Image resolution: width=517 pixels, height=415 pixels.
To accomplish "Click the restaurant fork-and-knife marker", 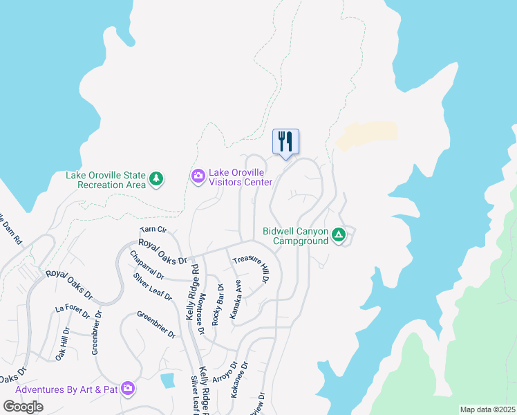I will (285, 142).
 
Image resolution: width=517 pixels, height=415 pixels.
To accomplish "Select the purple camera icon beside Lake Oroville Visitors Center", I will (198, 177).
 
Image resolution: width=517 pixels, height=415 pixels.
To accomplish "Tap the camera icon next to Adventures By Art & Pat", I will (127, 389).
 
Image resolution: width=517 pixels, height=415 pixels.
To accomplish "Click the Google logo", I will (23, 406).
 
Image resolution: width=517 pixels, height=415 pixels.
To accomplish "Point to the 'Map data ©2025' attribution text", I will (487, 409).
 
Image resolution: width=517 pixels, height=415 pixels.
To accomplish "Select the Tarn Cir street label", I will (153, 230).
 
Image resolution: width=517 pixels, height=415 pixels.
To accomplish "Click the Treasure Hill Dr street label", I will (250, 269).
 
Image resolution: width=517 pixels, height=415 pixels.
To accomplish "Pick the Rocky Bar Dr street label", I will (218, 305).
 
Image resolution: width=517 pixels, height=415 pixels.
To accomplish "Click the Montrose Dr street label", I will (201, 313).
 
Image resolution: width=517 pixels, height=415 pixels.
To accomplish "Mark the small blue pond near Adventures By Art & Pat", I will (167, 380).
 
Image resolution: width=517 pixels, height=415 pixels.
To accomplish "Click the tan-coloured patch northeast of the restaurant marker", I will (367, 134).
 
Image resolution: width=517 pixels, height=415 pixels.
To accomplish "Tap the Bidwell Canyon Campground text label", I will (296, 236).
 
